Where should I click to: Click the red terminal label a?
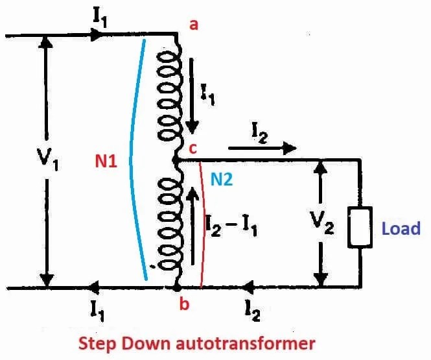click(x=192, y=25)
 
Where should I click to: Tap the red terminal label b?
click(x=185, y=304)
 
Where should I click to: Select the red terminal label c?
click(x=193, y=148)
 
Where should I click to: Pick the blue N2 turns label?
click(x=221, y=180)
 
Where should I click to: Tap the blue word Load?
click(x=401, y=228)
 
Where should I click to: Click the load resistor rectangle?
click(x=360, y=228)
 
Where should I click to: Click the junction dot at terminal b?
click(x=176, y=287)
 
